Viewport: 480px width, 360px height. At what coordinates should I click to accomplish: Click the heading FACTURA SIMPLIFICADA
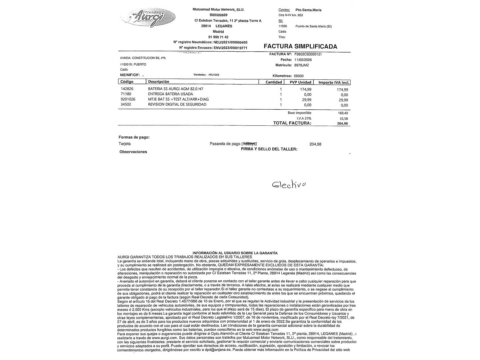pyautogui.click(x=300, y=46)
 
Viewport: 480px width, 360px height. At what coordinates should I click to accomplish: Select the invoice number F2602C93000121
pyautogui.click(x=308, y=54)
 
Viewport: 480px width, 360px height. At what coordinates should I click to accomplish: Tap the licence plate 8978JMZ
pyautogui.click(x=301, y=65)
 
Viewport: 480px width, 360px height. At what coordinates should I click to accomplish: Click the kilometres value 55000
pyautogui.click(x=299, y=76)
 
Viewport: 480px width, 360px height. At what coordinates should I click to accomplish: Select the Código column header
pyautogui.click(x=127, y=82)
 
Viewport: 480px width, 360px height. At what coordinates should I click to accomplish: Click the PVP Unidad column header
pyautogui.click(x=300, y=82)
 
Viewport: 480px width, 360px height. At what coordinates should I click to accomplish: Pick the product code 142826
pyautogui.click(x=127, y=89)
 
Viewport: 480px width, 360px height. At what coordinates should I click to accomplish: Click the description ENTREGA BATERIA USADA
pyautogui.click(x=170, y=94)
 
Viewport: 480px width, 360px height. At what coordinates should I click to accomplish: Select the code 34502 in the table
pyautogui.click(x=126, y=105)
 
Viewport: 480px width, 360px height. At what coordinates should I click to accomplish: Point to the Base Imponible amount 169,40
pyautogui.click(x=343, y=113)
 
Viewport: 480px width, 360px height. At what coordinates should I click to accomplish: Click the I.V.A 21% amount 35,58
pyautogui.click(x=343, y=118)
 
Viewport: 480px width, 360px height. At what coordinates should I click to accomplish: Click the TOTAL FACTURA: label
pyautogui.click(x=292, y=123)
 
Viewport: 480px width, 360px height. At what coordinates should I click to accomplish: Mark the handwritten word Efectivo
pyautogui.click(x=289, y=184)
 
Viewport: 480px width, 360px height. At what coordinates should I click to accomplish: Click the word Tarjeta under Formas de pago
pyautogui.click(x=125, y=144)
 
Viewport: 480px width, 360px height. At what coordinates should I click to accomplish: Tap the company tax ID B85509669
pyautogui.click(x=218, y=15)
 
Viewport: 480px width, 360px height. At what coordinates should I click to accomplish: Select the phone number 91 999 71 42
pyautogui.click(x=218, y=37)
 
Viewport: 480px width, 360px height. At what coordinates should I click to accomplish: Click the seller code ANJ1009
pyautogui.click(x=214, y=75)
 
